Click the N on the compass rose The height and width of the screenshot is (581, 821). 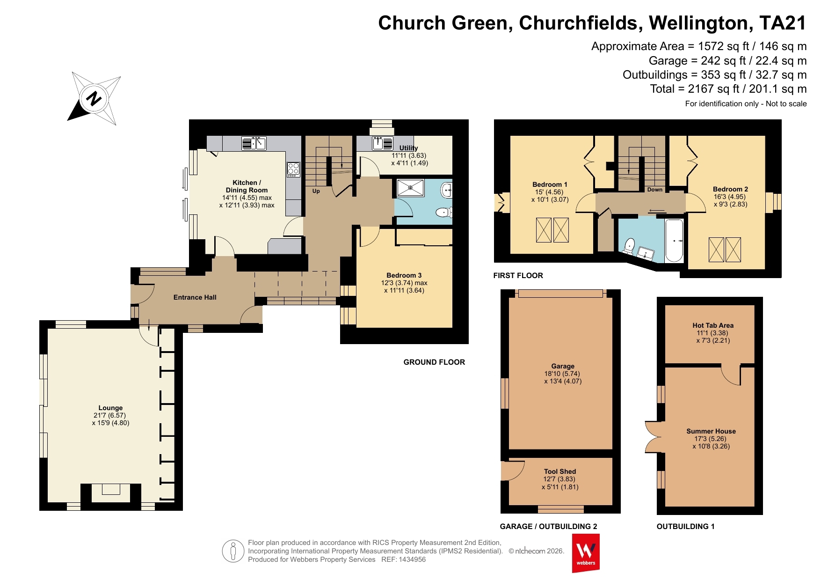(94, 99)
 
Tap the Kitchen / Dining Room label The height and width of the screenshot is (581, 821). (247, 186)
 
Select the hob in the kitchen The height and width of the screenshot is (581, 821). (293, 169)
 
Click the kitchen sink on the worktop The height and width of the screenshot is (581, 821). (254, 143)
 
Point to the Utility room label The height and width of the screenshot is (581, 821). (408, 148)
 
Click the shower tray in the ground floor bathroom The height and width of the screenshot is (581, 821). (411, 188)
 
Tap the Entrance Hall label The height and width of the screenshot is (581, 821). (195, 297)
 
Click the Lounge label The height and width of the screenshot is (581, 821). (110, 408)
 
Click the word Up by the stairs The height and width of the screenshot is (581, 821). (316, 191)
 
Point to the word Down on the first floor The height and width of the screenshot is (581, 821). (655, 190)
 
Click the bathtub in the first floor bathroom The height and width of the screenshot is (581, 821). (674, 240)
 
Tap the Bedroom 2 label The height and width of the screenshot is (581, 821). (730, 189)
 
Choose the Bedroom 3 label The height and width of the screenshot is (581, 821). (404, 275)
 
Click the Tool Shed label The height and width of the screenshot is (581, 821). (560, 471)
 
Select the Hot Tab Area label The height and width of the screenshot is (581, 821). (713, 325)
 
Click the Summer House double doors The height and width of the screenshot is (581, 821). (653, 437)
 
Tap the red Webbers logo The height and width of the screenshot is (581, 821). (586, 553)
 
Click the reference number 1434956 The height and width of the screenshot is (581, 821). (412, 559)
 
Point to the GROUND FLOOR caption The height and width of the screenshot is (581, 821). (434, 362)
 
